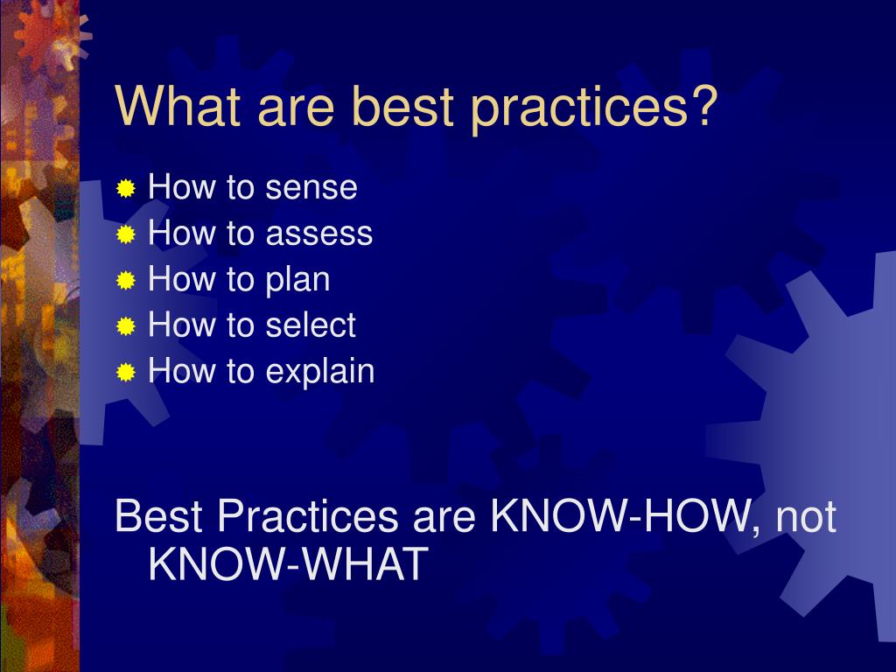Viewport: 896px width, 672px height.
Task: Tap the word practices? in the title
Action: coord(594,110)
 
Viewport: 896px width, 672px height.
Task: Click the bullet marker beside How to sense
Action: coord(127,188)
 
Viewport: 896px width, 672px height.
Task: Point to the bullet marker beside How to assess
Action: coord(127,234)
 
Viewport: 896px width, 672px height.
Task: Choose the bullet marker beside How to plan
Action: coord(127,281)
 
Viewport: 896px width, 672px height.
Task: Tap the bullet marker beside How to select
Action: coord(127,327)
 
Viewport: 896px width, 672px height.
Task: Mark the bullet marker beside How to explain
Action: coord(127,374)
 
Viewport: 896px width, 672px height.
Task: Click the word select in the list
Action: coord(311,326)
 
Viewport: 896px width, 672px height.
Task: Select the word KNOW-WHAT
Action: coord(288,564)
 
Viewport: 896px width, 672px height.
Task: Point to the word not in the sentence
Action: coord(806,518)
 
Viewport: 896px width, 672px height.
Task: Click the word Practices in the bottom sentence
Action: coord(307,517)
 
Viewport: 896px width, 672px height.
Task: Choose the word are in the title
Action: coord(294,109)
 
